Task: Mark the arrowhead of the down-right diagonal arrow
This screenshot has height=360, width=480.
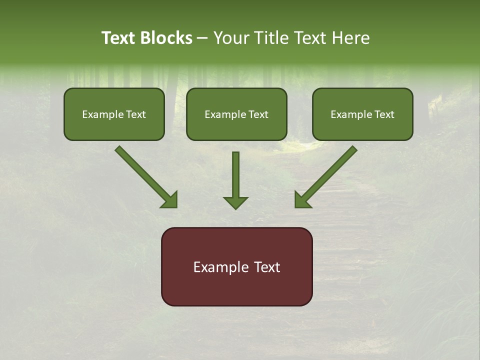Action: coord(170,200)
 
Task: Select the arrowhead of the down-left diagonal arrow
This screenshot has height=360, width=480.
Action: coord(302,200)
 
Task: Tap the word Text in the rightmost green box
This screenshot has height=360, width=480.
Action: coord(384,114)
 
